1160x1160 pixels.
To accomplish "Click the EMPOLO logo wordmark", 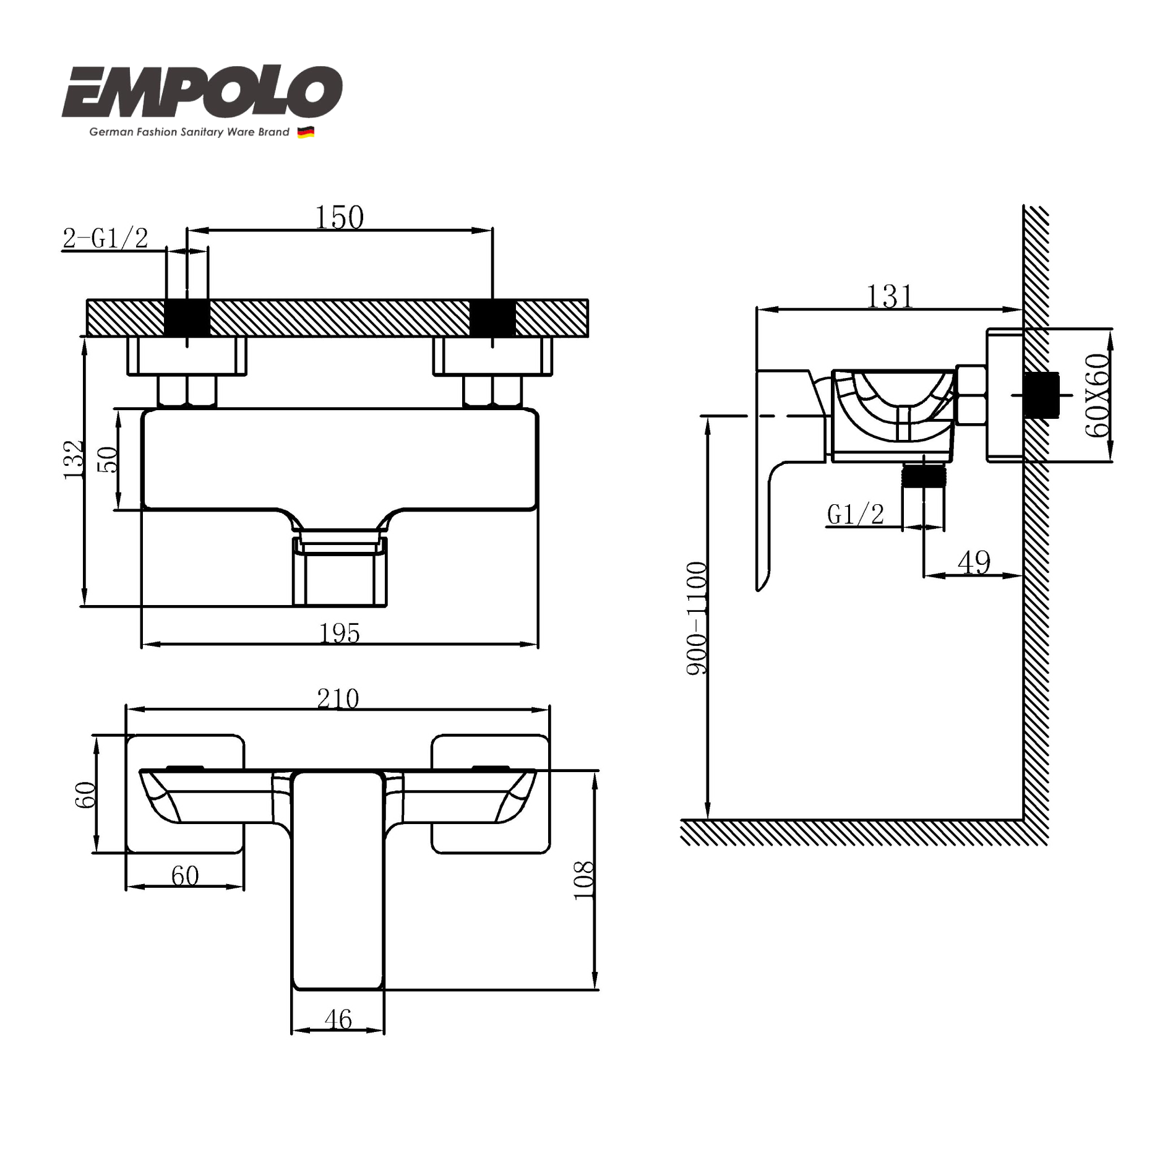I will [202, 93].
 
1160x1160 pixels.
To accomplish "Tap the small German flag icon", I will [306, 132].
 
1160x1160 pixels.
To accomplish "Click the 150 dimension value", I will [339, 218].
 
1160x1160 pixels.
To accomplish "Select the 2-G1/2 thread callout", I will [106, 238].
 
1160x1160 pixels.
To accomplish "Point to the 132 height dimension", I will [74, 459].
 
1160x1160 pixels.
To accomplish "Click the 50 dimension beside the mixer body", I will [108, 459].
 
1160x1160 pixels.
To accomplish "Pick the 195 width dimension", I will [339, 633].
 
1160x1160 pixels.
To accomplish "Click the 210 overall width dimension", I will [338, 698].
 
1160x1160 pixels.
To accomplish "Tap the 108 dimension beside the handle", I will [583, 880].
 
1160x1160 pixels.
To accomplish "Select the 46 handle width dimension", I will [338, 1020].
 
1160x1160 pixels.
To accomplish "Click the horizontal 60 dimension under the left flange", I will [185, 875].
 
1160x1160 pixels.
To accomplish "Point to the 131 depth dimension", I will [889, 297].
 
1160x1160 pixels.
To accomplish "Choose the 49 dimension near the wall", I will [974, 562].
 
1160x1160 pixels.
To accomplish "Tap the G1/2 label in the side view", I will [856, 514].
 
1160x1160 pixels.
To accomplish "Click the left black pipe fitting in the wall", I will [187, 318].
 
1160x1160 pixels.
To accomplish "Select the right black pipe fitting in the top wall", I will [492, 318].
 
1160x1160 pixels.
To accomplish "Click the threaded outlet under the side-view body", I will [924, 477].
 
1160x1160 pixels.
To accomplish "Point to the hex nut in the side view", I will [971, 395].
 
